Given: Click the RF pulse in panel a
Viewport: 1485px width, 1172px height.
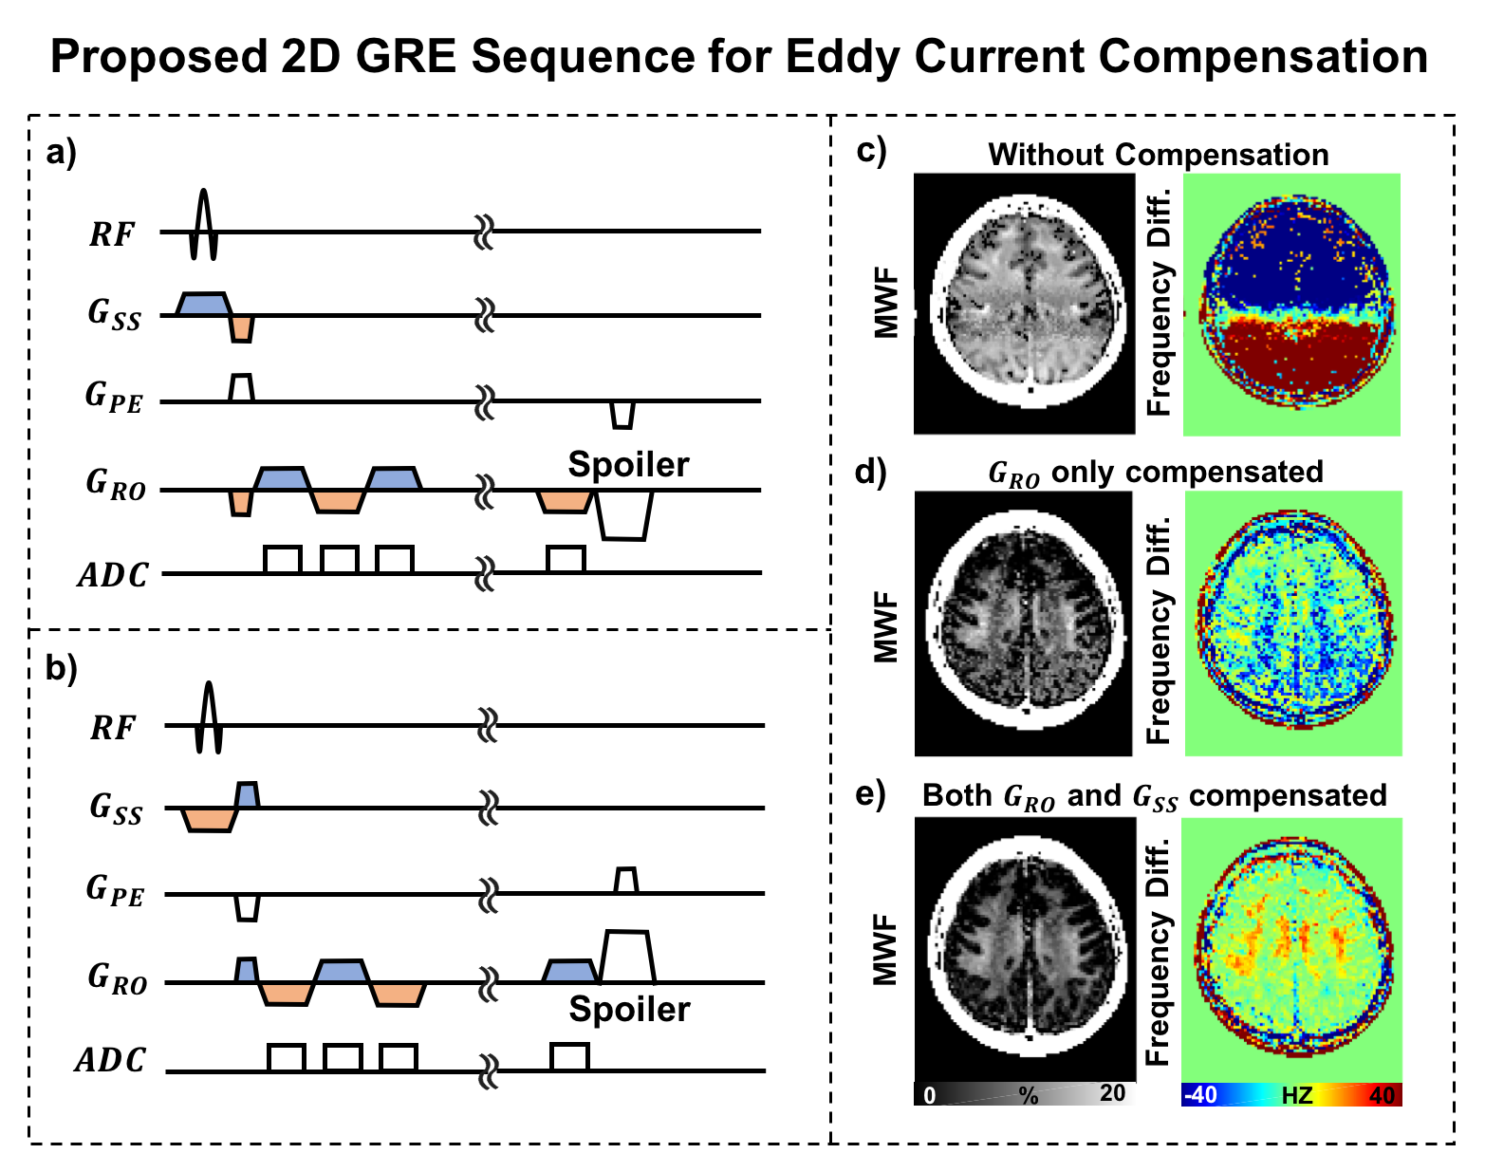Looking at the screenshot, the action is coord(203,224).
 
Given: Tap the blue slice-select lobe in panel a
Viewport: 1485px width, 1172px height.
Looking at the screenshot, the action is coord(203,305).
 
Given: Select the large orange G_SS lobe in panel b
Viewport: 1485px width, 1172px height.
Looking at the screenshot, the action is coord(210,819).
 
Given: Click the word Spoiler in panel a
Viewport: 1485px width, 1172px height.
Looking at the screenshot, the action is coord(629,464).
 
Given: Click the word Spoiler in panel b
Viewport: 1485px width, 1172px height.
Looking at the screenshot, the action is coord(629,1010).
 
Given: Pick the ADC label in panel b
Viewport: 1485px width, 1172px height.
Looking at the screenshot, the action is coord(110,1060).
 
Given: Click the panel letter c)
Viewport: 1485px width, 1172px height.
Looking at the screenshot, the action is coord(871,151).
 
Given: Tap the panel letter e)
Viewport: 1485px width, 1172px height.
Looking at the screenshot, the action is coord(870,794).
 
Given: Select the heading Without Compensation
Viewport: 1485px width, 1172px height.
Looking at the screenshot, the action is coord(1159,155).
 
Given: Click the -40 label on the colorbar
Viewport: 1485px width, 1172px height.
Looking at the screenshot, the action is coord(1201,1095).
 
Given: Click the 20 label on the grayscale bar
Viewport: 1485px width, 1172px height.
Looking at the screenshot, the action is coord(1113,1093).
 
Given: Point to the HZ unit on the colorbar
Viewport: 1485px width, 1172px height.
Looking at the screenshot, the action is coord(1296,1095).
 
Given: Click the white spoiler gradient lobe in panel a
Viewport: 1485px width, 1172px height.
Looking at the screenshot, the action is coord(624,515).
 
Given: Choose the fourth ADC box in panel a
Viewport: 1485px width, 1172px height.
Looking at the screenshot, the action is coord(566,559).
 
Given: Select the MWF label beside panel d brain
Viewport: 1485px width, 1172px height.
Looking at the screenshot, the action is coord(886,626).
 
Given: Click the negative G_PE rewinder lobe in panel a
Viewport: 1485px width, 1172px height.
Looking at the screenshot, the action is coord(622,415).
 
